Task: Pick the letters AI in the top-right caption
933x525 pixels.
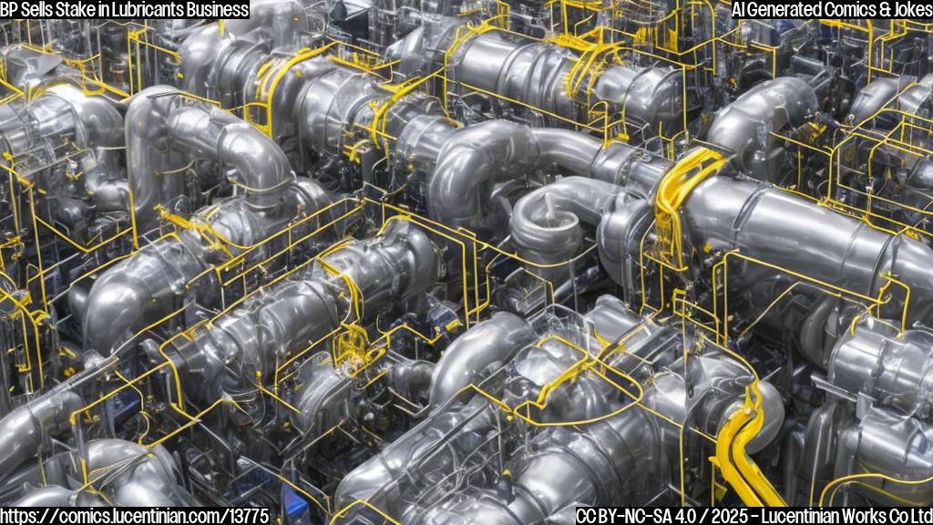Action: [739, 9]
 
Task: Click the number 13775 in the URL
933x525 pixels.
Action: [248, 516]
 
